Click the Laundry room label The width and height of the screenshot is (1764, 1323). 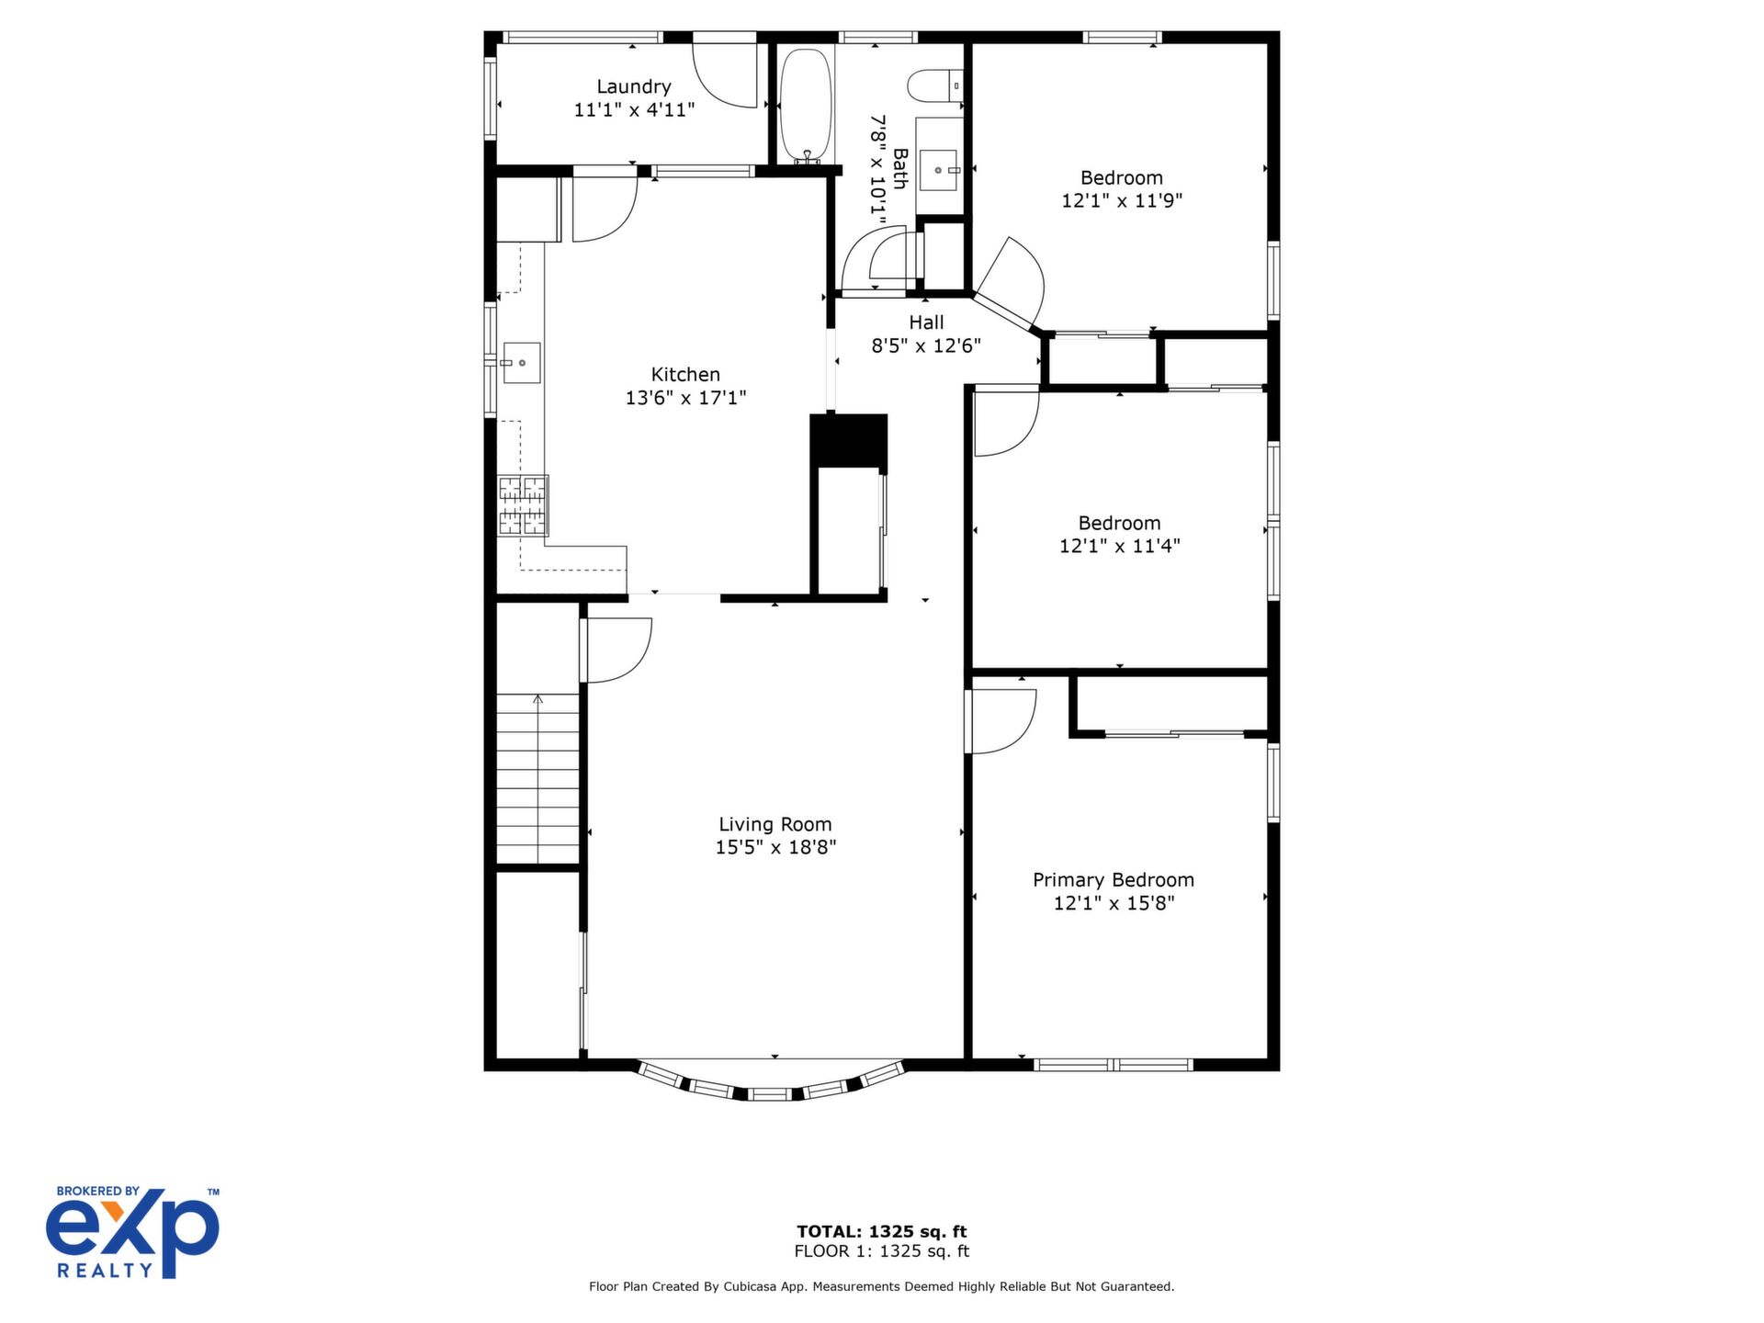(x=634, y=86)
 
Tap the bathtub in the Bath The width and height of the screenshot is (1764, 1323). (x=806, y=106)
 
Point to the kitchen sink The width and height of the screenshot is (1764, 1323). (x=521, y=363)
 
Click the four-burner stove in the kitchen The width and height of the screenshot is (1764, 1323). (x=523, y=505)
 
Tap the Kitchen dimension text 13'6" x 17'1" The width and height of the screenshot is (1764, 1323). (x=685, y=398)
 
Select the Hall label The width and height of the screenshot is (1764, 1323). (x=926, y=322)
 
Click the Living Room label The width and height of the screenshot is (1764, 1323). (x=775, y=824)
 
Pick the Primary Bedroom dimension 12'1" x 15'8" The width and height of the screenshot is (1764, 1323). (x=1114, y=903)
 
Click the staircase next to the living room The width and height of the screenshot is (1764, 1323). (x=538, y=779)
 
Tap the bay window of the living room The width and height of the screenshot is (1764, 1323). (x=771, y=1085)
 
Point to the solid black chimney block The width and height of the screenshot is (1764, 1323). (x=849, y=443)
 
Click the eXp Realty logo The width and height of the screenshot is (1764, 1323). (x=133, y=1232)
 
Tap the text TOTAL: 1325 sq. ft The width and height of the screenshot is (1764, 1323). (x=882, y=1232)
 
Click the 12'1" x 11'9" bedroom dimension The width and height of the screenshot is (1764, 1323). (x=1122, y=200)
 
